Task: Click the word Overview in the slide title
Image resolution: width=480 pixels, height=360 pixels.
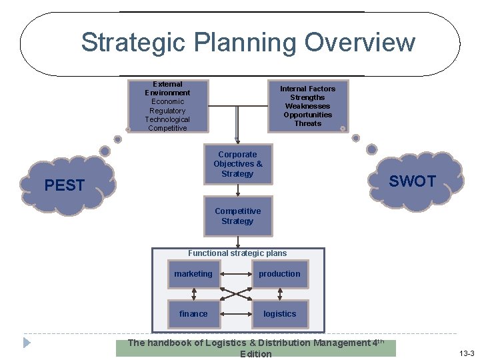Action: (360, 43)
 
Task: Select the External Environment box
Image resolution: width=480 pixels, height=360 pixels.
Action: (167, 106)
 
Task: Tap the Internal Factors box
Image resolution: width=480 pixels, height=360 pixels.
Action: (307, 106)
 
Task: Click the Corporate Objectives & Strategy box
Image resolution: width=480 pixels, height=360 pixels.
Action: (238, 164)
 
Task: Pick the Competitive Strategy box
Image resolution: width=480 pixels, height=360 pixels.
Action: (238, 216)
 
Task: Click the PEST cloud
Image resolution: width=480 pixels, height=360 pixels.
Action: (65, 185)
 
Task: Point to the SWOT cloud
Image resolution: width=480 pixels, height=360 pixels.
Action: (412, 181)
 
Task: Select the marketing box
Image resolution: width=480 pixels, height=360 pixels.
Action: (193, 274)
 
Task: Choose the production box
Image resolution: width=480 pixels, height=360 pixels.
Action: (280, 274)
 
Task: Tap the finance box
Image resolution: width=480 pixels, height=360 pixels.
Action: (193, 314)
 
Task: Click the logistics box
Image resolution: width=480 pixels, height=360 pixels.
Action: (280, 314)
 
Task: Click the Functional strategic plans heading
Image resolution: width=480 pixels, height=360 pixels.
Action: (237, 253)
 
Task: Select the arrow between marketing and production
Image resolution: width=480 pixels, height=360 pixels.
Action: (236, 274)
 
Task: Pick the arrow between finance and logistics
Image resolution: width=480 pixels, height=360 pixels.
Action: (236, 314)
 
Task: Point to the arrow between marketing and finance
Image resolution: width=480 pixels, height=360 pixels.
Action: (193, 294)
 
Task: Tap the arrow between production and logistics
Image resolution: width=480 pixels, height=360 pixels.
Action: (280, 294)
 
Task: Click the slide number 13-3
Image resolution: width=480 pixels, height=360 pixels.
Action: (466, 352)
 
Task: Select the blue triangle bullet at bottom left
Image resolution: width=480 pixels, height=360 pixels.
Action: (27, 343)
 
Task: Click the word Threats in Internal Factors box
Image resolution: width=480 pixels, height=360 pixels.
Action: (307, 123)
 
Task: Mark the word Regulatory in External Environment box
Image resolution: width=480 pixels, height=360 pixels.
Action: (167, 111)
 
